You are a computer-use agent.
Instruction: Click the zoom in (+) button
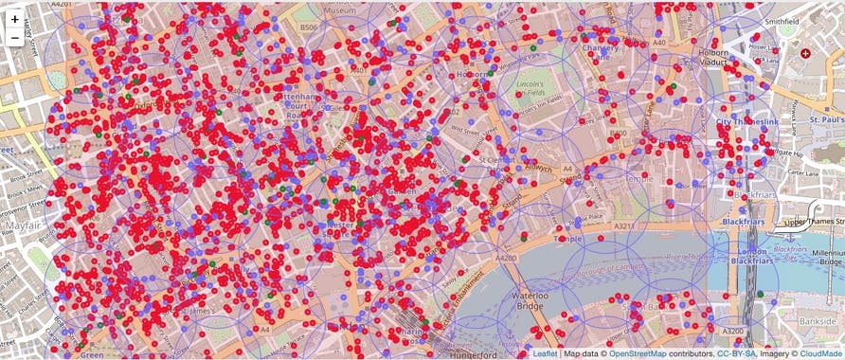point(14,19)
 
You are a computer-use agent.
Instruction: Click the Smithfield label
point(756,20)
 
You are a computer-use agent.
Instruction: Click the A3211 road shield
point(623,226)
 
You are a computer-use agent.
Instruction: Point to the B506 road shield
point(309,28)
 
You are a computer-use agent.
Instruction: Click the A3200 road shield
point(733,332)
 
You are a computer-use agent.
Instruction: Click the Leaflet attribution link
point(545,353)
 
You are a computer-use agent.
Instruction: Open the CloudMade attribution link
point(820,353)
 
